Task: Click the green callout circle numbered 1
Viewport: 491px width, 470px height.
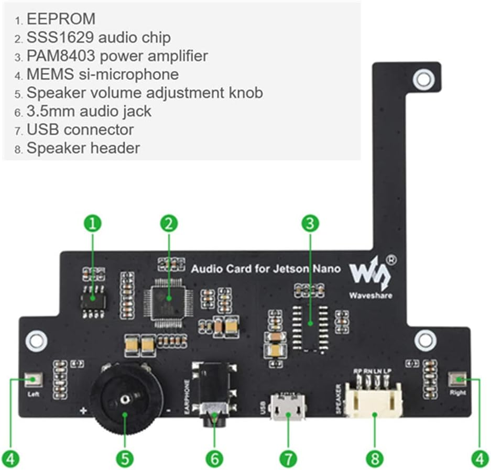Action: (x=93, y=224)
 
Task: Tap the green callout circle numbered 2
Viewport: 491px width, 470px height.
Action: (x=169, y=224)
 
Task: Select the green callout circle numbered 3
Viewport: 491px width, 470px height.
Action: (x=310, y=224)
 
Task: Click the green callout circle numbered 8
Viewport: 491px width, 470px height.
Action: (x=374, y=459)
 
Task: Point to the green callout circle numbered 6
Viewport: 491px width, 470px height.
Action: (x=214, y=459)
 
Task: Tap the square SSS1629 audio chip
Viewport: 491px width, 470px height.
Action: (x=168, y=300)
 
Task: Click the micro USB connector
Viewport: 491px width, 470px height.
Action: (x=287, y=408)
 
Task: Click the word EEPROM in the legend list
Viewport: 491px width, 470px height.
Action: (x=61, y=19)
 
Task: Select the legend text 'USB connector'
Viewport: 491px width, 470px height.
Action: (x=80, y=129)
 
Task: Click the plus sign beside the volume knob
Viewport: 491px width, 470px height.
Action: (x=82, y=411)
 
